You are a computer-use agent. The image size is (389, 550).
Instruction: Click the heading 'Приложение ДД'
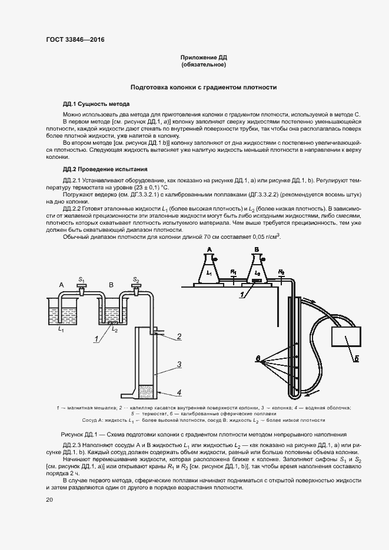(203, 58)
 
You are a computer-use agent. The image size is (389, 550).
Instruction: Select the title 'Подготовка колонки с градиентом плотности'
(204, 86)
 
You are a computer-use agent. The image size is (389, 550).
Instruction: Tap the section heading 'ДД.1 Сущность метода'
(96, 103)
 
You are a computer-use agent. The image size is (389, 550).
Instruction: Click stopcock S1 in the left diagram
(81, 288)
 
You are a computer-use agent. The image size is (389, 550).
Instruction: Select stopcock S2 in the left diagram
(137, 288)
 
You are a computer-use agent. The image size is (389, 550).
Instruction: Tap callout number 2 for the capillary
(179, 336)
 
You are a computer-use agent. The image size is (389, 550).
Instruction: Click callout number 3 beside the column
(179, 365)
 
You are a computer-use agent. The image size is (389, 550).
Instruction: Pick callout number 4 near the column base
(179, 392)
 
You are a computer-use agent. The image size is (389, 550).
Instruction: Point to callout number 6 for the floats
(257, 358)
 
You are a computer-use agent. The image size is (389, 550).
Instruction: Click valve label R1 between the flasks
(234, 271)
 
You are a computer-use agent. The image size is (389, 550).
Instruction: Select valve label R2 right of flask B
(281, 271)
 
